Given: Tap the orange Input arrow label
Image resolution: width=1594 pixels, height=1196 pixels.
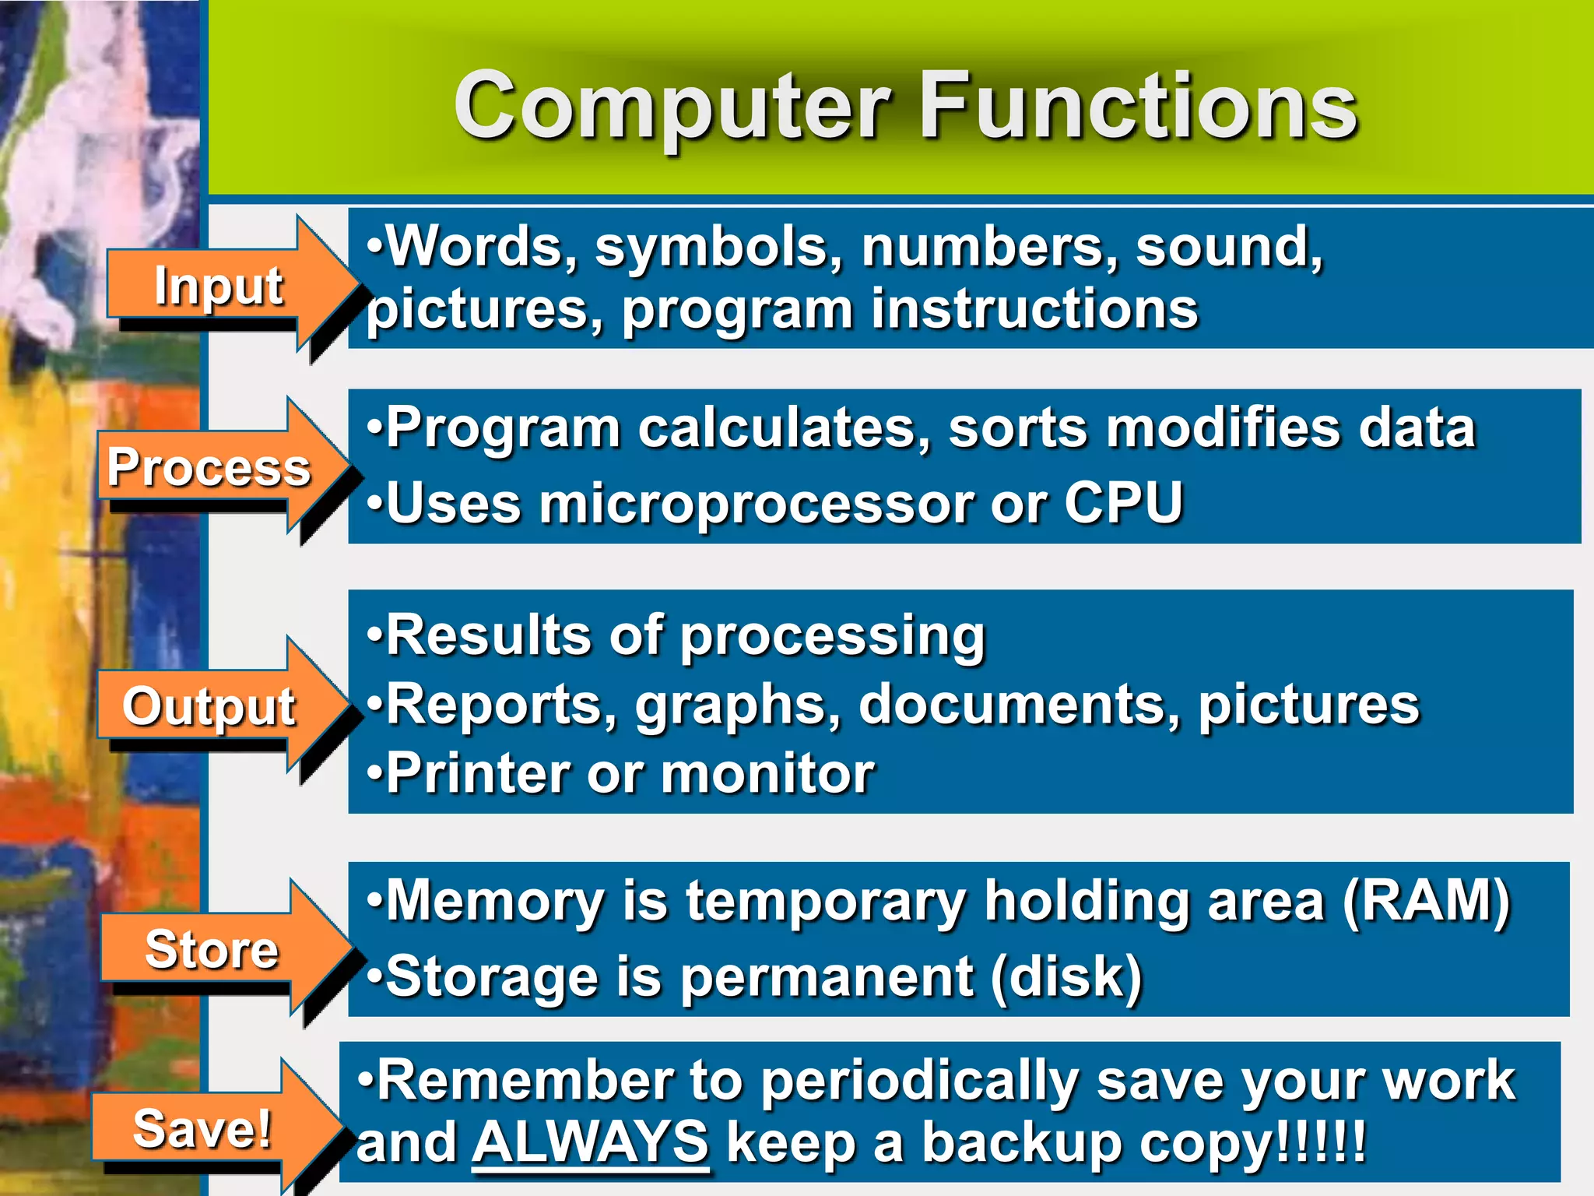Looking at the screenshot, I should click(x=219, y=285).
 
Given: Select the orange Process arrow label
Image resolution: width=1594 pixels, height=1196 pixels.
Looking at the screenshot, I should click(x=209, y=467).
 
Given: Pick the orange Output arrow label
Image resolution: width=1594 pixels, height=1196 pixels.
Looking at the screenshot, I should click(x=209, y=706).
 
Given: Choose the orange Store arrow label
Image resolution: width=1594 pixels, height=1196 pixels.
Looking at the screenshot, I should click(x=212, y=949).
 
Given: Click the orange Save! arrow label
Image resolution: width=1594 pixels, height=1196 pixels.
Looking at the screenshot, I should click(x=202, y=1128).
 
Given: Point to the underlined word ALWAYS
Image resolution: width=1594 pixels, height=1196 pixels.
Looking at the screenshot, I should click(x=590, y=1143).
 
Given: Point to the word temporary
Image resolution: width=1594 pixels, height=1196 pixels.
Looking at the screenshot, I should click(x=826, y=902).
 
